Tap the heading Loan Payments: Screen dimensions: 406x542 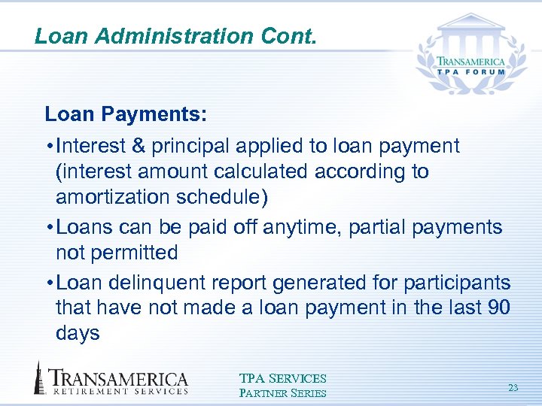126,114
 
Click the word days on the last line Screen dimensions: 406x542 78,333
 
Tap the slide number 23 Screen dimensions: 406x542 513,388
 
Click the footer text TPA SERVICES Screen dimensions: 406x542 282,378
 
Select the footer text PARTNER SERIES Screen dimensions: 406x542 282,392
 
